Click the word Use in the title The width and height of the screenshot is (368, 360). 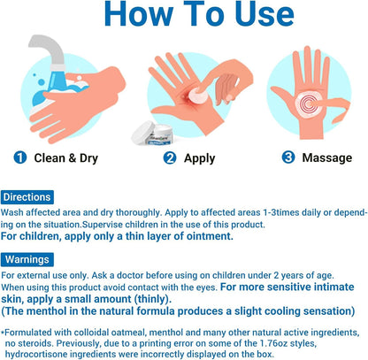pyautogui.click(x=264, y=13)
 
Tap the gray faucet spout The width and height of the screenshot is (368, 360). pyautogui.click(x=49, y=50)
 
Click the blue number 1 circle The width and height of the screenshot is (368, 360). pyautogui.click(x=20, y=157)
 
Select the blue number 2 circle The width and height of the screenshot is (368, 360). pyautogui.click(x=170, y=158)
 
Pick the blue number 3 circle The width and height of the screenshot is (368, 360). pyautogui.click(x=288, y=157)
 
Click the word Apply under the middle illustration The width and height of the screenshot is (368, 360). pyautogui.click(x=200, y=159)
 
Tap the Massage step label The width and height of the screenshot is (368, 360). pyautogui.click(x=327, y=158)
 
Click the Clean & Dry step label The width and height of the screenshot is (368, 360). pyautogui.click(x=66, y=158)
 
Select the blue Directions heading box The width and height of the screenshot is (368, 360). pyautogui.click(x=27, y=197)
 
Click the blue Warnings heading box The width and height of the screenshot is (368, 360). pyautogui.click(x=27, y=259)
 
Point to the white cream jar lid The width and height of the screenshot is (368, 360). pyautogui.click(x=143, y=133)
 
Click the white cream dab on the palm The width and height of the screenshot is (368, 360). pyautogui.click(x=196, y=96)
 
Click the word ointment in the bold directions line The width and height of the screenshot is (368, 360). pyautogui.click(x=209, y=236)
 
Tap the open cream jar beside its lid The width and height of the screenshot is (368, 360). pyautogui.click(x=159, y=135)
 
